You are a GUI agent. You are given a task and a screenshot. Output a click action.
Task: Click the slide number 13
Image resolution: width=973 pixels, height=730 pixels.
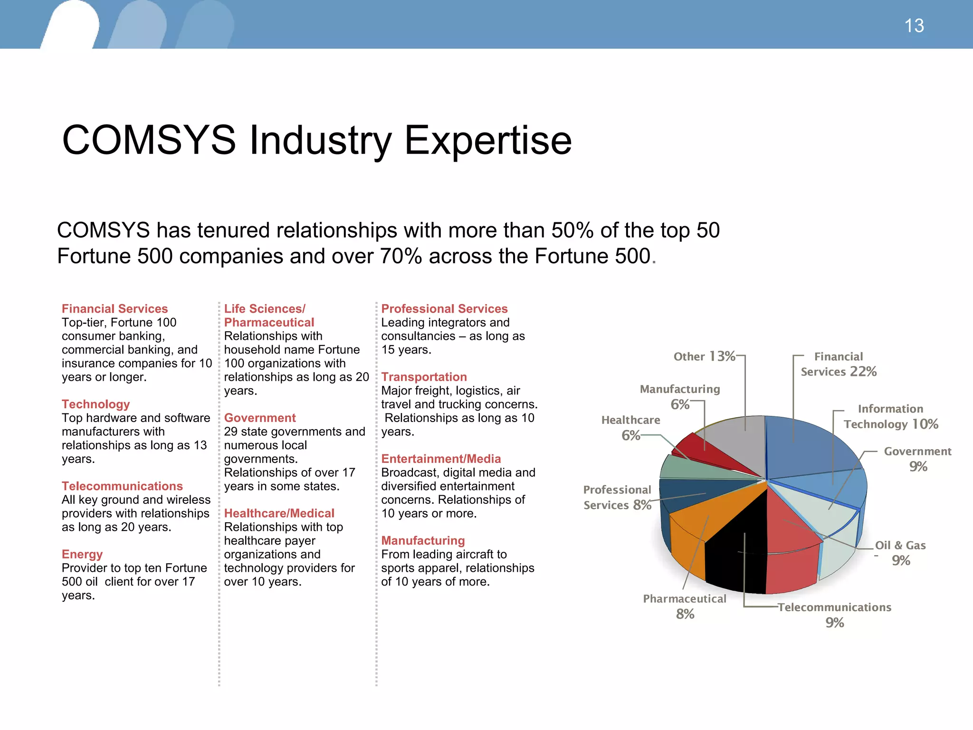(914, 26)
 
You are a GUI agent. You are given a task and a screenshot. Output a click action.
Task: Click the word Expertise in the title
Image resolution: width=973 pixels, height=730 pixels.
(488, 140)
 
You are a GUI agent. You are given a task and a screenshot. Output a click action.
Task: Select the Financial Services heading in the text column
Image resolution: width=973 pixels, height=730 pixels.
(114, 309)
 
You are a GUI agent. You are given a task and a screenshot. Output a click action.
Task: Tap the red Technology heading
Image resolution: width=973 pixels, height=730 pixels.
(95, 404)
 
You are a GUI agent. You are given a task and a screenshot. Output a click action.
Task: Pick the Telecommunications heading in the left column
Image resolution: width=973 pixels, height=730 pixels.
(122, 486)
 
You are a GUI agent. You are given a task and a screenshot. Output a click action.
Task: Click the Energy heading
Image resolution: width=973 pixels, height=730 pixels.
(82, 555)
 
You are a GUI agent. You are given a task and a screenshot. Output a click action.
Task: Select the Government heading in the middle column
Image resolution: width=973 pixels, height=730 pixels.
(260, 418)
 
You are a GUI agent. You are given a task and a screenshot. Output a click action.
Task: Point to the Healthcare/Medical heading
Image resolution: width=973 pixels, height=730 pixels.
(279, 514)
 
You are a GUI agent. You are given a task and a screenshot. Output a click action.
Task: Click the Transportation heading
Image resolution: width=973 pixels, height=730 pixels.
(424, 377)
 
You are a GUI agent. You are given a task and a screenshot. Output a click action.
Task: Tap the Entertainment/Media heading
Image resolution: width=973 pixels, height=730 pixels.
(441, 459)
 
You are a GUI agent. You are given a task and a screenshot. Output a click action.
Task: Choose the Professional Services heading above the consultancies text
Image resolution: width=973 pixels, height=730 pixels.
(444, 309)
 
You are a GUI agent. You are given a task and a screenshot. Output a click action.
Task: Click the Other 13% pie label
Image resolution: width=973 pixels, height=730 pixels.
(704, 356)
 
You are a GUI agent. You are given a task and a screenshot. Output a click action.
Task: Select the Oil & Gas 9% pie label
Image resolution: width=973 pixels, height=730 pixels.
(900, 553)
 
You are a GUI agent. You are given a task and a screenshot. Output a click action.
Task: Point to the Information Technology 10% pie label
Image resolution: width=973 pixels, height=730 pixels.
(891, 417)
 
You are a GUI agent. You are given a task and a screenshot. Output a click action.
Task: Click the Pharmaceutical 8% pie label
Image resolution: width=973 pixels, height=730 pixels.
(685, 606)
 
